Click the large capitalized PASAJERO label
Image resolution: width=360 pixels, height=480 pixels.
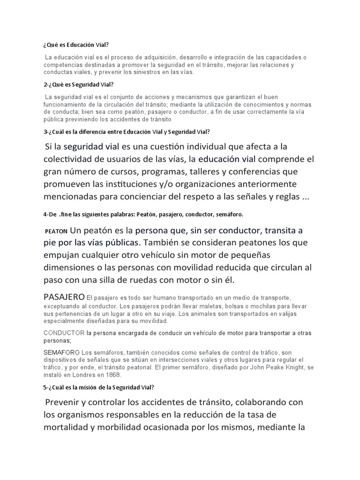tap(64, 297)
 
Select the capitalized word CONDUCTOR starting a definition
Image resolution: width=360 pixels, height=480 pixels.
tap(64, 333)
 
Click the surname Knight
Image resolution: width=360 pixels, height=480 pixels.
tap(288, 367)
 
